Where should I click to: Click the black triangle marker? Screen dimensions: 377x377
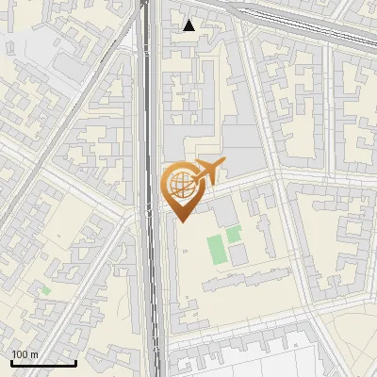point(189,25)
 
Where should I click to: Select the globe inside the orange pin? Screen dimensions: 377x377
point(180,185)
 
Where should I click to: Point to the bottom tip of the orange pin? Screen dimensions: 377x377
point(180,222)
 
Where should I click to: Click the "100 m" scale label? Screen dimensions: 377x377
point(25,354)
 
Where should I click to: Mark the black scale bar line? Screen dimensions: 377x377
point(43,363)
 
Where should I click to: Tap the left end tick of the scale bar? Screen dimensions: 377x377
point(11,361)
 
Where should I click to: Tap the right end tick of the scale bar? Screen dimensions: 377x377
point(75,361)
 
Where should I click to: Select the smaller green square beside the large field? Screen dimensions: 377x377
point(233,232)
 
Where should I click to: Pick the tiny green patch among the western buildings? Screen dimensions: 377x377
point(45,290)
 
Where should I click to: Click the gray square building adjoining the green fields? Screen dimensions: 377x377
point(240,254)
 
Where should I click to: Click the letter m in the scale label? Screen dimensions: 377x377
point(34,354)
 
